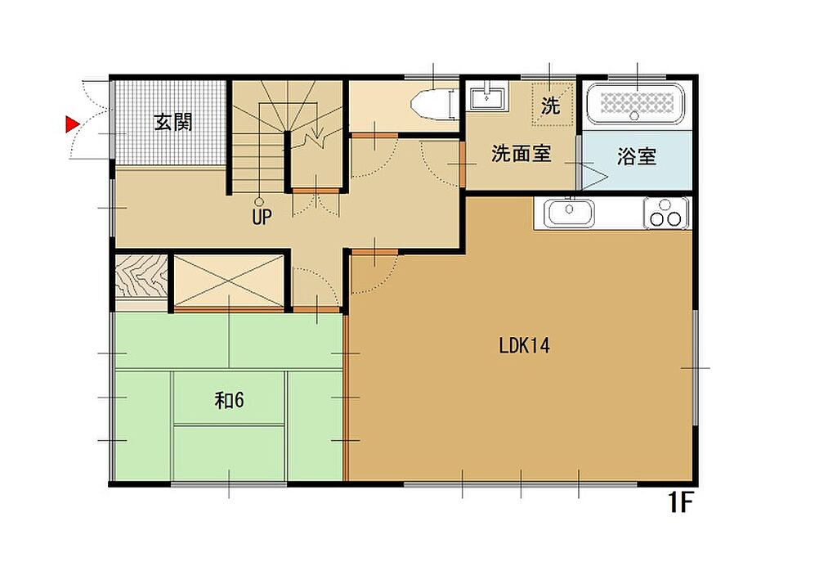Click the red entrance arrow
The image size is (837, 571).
coord(72,124)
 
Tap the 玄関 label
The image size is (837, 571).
coord(173,123)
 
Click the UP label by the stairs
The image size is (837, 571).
coord(262,217)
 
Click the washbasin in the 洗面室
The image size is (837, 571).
coord(487,98)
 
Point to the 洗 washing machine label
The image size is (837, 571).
coord(550,105)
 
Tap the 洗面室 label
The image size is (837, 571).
coord(521,154)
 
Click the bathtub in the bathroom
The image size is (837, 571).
coord(635,104)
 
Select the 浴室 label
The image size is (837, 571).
coord(636,156)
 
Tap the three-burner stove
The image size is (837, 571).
coord(665,213)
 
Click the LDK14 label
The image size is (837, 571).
coord(524,345)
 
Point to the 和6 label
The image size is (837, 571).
coord(229,399)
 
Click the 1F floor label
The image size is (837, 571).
coord(681,502)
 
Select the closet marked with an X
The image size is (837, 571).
coord(229,281)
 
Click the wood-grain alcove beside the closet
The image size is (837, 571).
coord(141,277)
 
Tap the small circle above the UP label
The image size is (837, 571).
coord(259,202)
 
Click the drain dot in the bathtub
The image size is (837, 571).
coord(634,115)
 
